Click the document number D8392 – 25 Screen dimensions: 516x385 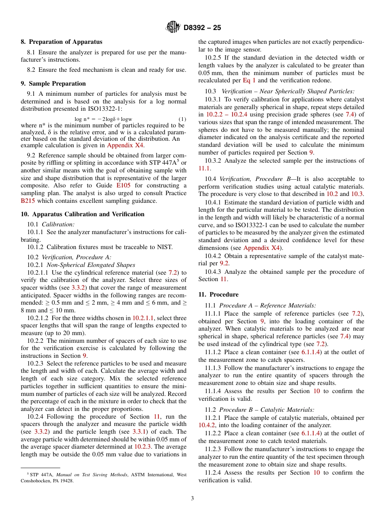click(202, 28)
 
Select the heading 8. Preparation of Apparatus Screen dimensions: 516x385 click(61, 42)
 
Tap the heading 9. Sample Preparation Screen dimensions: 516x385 click(53, 84)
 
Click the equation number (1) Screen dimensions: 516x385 click(182, 119)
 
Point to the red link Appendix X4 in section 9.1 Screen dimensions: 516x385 click(125, 145)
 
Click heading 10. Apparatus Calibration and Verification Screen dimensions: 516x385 click(82, 214)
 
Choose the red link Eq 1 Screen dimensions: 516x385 click(249, 80)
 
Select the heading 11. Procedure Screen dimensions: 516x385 click(218, 295)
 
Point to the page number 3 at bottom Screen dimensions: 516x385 click(192, 499)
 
